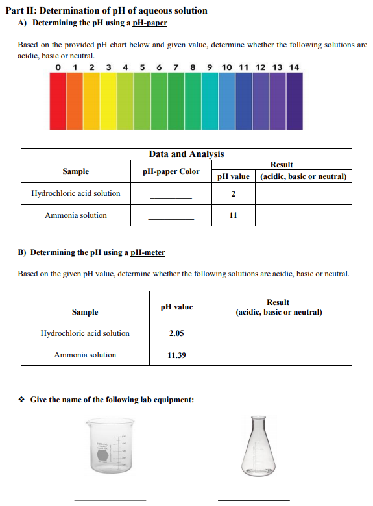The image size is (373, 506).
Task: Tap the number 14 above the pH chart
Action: coord(294,67)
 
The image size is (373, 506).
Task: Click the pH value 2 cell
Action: coord(233,193)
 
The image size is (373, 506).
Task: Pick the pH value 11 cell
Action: coord(233,215)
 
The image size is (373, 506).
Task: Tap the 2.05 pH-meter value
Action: coord(176,333)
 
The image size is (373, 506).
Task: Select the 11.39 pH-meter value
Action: coord(176,355)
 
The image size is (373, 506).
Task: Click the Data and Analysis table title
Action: coord(186,154)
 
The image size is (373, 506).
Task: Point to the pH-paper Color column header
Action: coord(171,171)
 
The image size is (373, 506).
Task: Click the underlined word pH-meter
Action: coord(148,252)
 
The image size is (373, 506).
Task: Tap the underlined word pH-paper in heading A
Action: coord(149,23)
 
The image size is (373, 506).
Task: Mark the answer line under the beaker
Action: coord(110,499)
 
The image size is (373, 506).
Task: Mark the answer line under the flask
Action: coord(254,499)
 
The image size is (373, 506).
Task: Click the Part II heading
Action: coord(106,10)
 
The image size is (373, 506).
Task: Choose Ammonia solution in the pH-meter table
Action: coord(85,355)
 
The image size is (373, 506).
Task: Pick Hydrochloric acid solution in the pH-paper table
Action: coord(76,193)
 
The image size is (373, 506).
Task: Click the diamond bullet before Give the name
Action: coord(22,400)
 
